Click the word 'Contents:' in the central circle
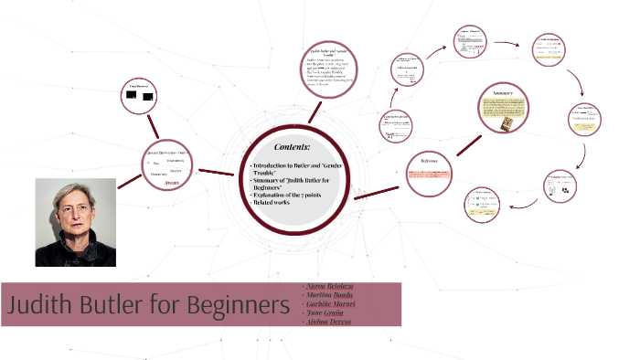click(293, 146)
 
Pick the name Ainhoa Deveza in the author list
click(327, 322)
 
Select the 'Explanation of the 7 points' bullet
click(291, 193)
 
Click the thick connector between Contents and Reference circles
click(379, 191)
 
